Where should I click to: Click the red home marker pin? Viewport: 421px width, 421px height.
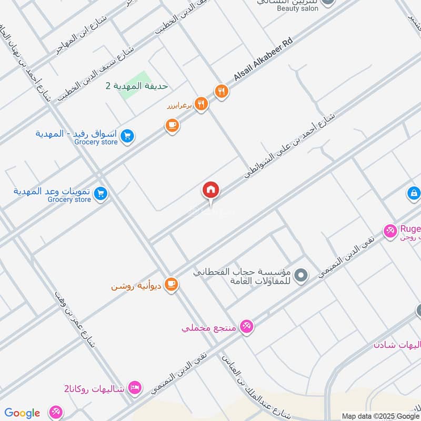pyautogui.click(x=211, y=191)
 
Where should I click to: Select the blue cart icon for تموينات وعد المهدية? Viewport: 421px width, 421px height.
pyautogui.click(x=101, y=194)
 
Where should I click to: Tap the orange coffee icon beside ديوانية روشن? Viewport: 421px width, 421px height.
pyautogui.click(x=172, y=285)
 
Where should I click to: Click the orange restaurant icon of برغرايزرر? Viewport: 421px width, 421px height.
pyautogui.click(x=201, y=104)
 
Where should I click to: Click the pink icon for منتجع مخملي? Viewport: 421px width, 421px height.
pyautogui.click(x=246, y=327)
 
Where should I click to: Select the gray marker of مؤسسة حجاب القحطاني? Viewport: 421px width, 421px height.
pyautogui.click(x=301, y=274)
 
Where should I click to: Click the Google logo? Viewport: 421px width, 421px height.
pyautogui.click(x=22, y=413)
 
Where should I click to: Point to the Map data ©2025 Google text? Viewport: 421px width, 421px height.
pyautogui.click(x=380, y=416)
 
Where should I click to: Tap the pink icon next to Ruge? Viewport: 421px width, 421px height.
pyautogui.click(x=390, y=230)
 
